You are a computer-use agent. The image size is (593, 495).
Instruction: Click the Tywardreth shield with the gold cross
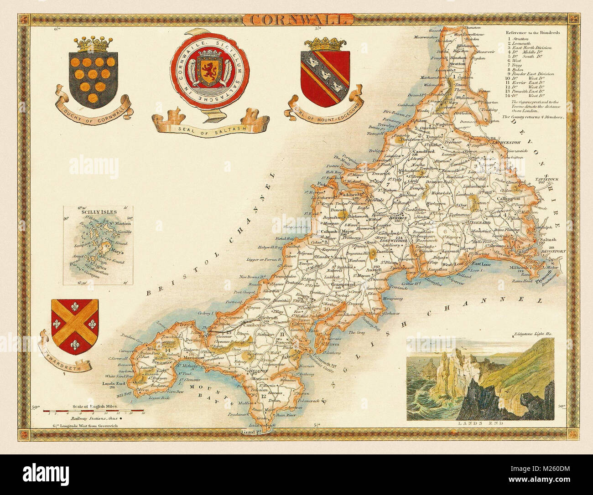[74, 322]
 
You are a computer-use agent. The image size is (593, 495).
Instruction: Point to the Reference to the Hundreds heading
[532, 33]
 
